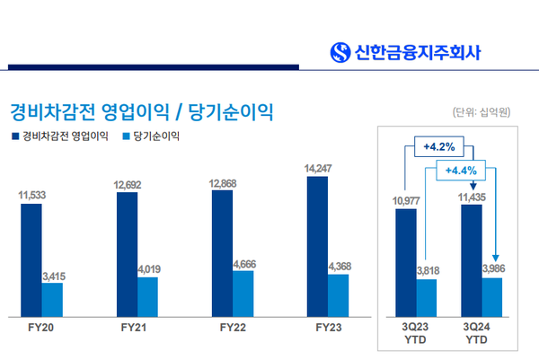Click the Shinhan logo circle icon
340,51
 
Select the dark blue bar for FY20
31,259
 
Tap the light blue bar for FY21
148,295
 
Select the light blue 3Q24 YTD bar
491,296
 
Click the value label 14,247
319,168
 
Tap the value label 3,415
56,276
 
